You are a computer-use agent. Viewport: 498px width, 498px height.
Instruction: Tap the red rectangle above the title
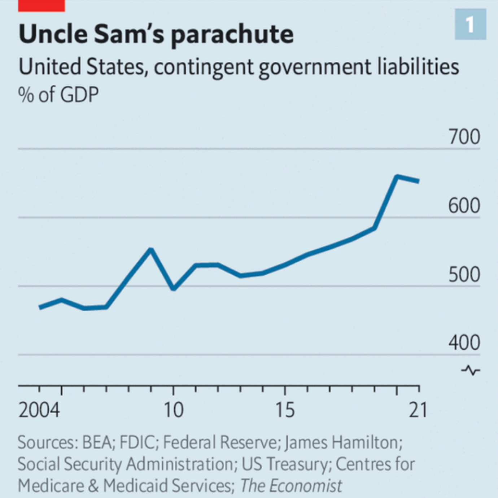point(41,5)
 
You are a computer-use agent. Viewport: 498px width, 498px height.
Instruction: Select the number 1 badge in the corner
point(470,25)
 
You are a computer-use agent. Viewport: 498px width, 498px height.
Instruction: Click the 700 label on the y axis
point(464,137)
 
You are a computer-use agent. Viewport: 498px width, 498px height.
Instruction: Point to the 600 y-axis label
point(464,206)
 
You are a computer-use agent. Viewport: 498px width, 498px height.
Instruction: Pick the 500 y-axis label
point(464,275)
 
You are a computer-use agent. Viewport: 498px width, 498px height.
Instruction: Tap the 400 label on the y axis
point(464,343)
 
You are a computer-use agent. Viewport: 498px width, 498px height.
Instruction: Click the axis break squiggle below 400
point(471,370)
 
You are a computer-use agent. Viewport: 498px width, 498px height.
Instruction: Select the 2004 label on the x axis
point(39,410)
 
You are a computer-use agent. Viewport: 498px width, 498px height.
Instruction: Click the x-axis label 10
point(174,410)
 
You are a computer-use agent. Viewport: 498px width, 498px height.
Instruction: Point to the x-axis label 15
point(285,410)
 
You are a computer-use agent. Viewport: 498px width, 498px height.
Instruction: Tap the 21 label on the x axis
point(418,410)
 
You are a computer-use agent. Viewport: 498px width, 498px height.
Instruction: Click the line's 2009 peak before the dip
point(151,250)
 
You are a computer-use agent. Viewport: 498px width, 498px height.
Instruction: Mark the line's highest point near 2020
point(397,176)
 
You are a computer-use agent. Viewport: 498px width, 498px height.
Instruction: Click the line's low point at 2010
point(174,289)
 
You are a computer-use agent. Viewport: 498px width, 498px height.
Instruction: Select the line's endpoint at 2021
point(418,181)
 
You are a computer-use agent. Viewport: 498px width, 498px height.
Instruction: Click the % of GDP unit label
point(58,95)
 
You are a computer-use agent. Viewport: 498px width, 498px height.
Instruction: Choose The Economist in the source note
point(291,486)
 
